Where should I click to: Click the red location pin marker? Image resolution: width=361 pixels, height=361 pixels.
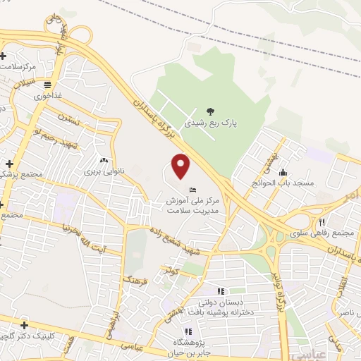click(181, 166)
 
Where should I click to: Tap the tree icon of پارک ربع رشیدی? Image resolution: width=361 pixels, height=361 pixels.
click(209, 110)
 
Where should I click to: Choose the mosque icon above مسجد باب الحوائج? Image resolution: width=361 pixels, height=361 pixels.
click(283, 171)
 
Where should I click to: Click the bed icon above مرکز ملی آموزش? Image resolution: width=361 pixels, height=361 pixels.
click(193, 190)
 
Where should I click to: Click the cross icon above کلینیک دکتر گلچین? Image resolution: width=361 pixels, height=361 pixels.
click(25, 324)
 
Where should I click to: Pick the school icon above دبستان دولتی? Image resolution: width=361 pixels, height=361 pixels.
click(221, 290)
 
